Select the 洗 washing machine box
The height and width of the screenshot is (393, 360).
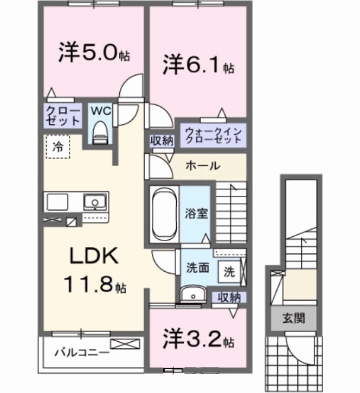[231, 270]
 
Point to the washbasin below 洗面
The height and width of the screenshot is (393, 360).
[190, 296]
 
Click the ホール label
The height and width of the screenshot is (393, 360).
[202, 166]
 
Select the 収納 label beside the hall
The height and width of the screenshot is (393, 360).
[163, 140]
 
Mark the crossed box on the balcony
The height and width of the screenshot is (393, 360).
[121, 345]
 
